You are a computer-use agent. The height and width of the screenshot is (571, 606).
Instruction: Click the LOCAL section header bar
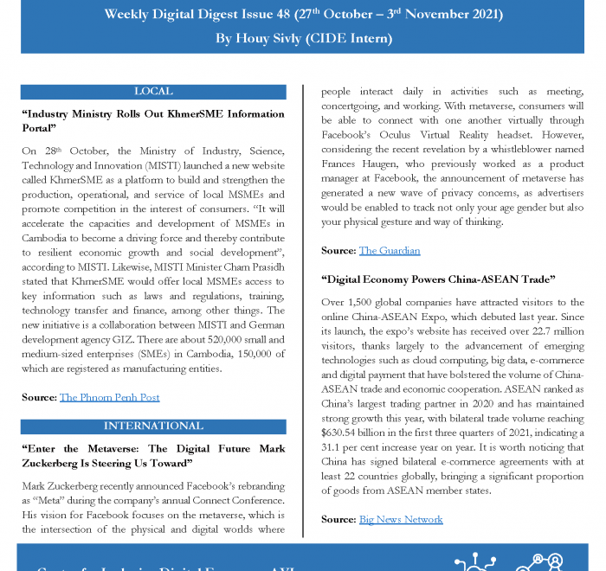pos(153,92)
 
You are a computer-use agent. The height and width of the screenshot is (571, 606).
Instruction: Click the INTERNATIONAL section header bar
pos(153,427)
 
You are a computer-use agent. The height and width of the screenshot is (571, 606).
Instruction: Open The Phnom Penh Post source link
pos(109,397)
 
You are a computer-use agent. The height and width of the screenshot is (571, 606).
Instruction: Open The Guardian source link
pos(390,251)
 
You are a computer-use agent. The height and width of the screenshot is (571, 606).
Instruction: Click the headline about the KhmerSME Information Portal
pos(153,120)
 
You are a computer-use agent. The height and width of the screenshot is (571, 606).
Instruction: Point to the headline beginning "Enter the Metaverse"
pos(153,456)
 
